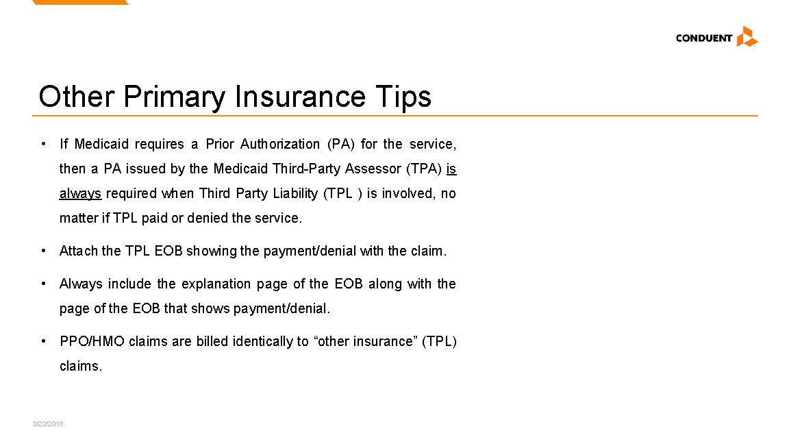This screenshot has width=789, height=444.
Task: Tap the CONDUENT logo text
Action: click(x=703, y=38)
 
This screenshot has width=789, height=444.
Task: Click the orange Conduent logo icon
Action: click(x=747, y=36)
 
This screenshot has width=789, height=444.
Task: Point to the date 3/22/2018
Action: click(x=48, y=424)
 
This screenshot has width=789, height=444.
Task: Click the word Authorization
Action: click(x=280, y=144)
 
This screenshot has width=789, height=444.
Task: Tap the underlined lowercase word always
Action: click(x=80, y=193)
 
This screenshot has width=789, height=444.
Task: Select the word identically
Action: click(x=264, y=341)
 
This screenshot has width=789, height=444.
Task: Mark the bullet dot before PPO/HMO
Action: click(x=44, y=341)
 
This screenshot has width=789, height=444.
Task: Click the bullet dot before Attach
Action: click(x=44, y=250)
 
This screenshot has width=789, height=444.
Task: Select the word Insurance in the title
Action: click(x=300, y=97)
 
